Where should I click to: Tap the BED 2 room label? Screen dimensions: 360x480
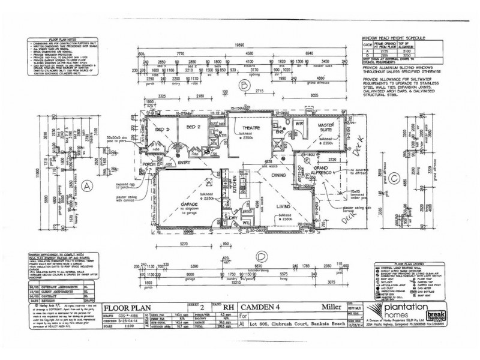click(x=192, y=128)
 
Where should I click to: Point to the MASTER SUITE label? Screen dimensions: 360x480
click(x=326, y=125)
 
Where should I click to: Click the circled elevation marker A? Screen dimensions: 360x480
click(x=86, y=185)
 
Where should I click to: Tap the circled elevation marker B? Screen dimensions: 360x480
click(x=245, y=85)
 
